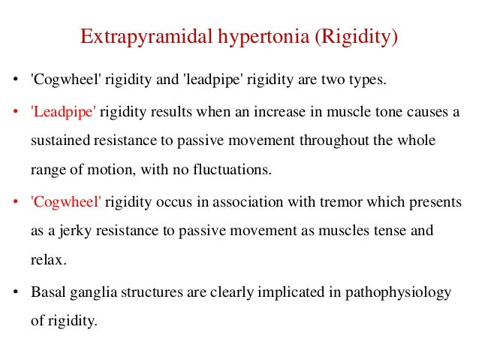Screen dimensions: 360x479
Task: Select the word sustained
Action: [x=62, y=141]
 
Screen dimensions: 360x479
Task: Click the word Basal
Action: [x=47, y=293]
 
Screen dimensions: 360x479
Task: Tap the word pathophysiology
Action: [x=398, y=293]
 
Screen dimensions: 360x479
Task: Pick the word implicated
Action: [x=287, y=293]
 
